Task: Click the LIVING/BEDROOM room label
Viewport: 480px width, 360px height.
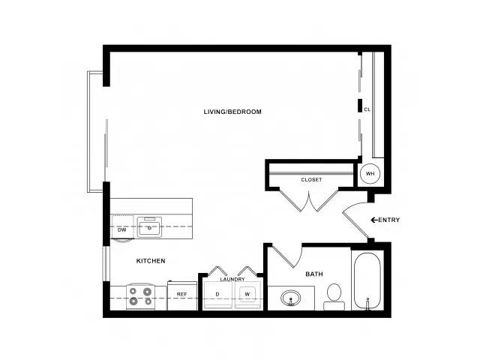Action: [x=232, y=112]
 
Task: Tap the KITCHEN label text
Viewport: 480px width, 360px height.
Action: [x=151, y=261]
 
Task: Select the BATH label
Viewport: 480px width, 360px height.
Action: [x=314, y=274]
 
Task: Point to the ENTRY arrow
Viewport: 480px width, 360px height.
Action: [x=374, y=220]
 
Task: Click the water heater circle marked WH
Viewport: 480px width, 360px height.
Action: [x=370, y=173]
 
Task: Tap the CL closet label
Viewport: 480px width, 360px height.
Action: [x=367, y=109]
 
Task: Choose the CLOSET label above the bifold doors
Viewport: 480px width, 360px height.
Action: [x=311, y=180]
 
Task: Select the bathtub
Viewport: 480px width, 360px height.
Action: [x=367, y=281]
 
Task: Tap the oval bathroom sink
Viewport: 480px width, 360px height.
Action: [x=291, y=298]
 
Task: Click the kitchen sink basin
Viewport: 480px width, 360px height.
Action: [x=149, y=226]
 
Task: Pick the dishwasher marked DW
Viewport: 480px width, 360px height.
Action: [x=122, y=226]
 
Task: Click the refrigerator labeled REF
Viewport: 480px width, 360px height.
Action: [x=182, y=295]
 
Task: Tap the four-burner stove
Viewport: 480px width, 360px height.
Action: [x=141, y=296]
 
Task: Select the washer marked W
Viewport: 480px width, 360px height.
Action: [x=247, y=295]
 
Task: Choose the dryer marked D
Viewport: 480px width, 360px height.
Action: [x=217, y=295]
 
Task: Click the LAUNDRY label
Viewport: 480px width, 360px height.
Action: [x=232, y=279]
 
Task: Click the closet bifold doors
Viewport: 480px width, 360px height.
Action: [x=309, y=200]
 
